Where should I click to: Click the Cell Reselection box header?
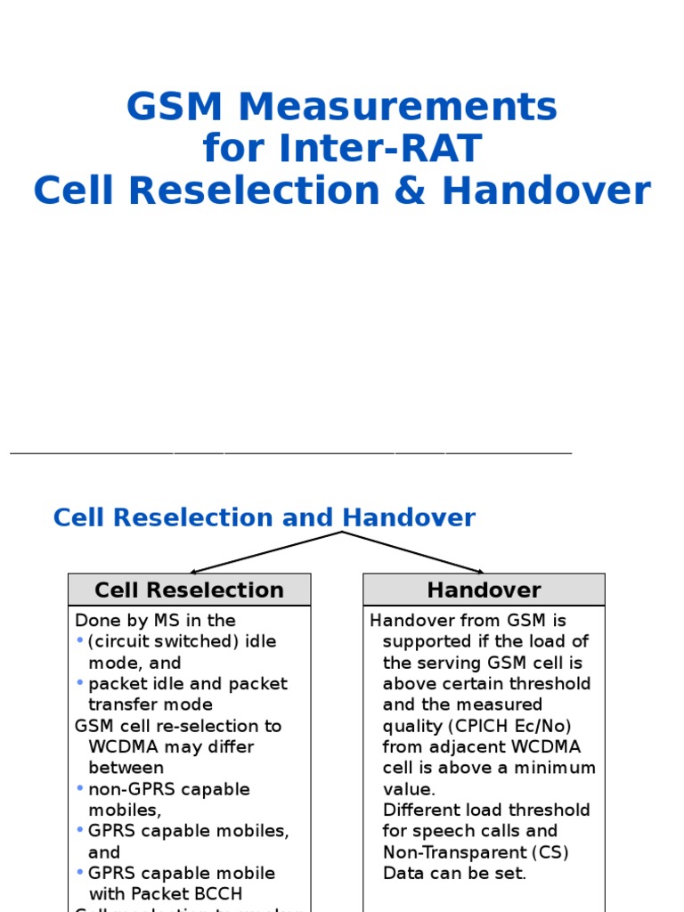(189, 590)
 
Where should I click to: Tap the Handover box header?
(484, 590)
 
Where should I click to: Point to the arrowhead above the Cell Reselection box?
(193, 571)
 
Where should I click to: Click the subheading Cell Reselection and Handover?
(265, 517)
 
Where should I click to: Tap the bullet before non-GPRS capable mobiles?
(80, 788)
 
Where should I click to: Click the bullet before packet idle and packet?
(80, 683)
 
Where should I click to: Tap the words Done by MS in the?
(155, 621)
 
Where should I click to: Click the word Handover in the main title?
(546, 191)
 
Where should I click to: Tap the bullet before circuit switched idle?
(80, 641)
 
